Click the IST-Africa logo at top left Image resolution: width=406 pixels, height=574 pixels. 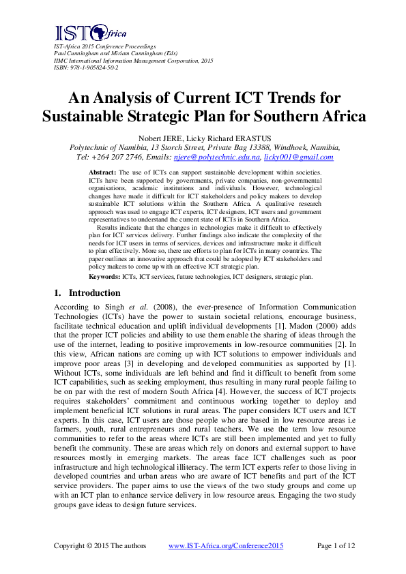pos(81,32)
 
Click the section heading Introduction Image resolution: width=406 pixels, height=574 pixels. pos(93,293)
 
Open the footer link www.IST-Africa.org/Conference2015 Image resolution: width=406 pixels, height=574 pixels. pos(225,546)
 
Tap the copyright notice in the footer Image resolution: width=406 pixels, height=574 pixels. pos(93,546)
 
